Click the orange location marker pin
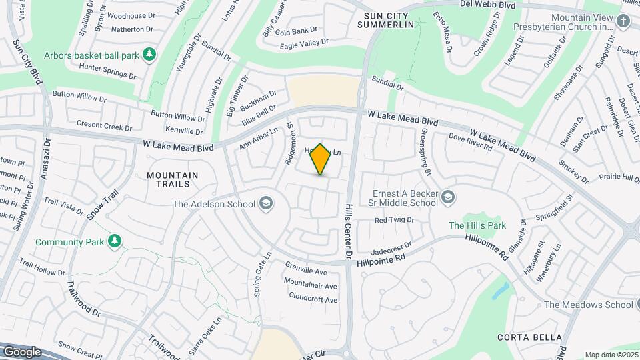[321, 159]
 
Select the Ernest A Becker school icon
[449, 197]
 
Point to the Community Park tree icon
[115, 240]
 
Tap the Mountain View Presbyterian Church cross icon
[623, 21]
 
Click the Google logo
[22, 351]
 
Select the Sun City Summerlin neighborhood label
[385, 19]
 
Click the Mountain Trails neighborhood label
[173, 179]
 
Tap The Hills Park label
[477, 226]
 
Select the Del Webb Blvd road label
[488, 4]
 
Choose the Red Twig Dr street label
[394, 219]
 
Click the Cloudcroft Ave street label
[313, 300]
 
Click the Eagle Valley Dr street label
[304, 43]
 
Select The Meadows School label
[588, 305]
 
